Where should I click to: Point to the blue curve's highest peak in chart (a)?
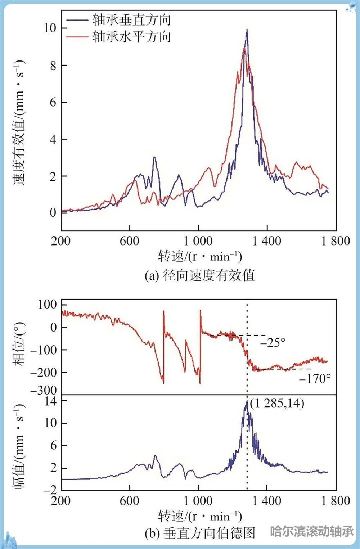(247, 30)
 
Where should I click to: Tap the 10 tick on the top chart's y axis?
(50, 28)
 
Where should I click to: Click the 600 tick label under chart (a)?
(129, 241)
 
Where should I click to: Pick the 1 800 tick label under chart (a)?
(336, 241)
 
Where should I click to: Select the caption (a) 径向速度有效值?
(200, 275)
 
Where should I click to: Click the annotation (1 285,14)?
(277, 403)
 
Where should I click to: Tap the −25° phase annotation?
(273, 342)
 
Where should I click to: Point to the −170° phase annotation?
(315, 378)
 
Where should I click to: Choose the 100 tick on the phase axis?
(48, 305)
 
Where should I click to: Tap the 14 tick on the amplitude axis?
(50, 401)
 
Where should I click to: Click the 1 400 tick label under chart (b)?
(267, 501)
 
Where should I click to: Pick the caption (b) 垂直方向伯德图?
(200, 533)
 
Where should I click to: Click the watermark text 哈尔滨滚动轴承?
(312, 531)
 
